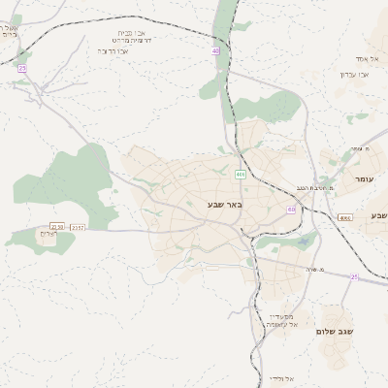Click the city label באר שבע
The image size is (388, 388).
pyautogui.click(x=224, y=205)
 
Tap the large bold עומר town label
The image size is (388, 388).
pyautogui.click(x=365, y=179)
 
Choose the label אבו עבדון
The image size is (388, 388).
pyautogui.click(x=354, y=75)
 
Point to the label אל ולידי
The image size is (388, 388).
pyautogui.click(x=281, y=377)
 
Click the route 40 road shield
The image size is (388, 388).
pyautogui.click(x=215, y=50)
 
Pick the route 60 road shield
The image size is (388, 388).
pyautogui.click(x=291, y=209)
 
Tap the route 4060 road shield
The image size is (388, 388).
pyautogui.click(x=345, y=217)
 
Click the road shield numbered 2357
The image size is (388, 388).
pyautogui.click(x=78, y=227)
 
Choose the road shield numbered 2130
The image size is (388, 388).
pyautogui.click(x=57, y=227)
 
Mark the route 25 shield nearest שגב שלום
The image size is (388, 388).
pyautogui.click(x=354, y=276)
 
